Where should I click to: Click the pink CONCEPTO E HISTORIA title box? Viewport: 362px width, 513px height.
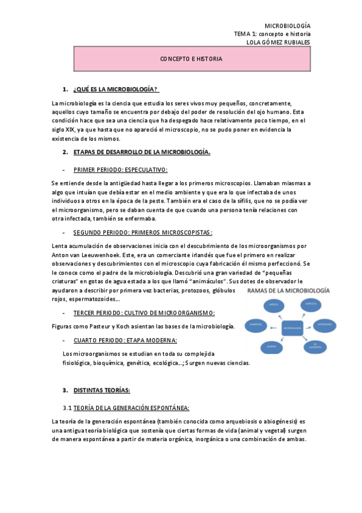tap(191, 59)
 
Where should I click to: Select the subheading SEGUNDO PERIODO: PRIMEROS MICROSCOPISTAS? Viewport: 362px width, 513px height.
tap(143, 232)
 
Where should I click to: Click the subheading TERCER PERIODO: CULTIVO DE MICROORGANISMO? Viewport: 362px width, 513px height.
tap(144, 313)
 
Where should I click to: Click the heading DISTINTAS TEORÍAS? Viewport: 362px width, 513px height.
tap(102, 390)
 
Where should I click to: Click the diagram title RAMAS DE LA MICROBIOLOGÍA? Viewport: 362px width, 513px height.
tap(288, 291)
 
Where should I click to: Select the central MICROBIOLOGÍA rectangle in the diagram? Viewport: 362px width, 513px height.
tap(291, 327)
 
